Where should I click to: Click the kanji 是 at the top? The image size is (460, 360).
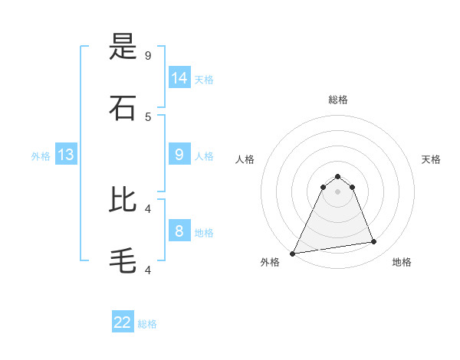(123, 47)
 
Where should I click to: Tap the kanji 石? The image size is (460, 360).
(123, 108)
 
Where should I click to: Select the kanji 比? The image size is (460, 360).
(123, 200)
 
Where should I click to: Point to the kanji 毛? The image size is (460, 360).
(123, 260)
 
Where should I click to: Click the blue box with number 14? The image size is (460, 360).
(179, 77)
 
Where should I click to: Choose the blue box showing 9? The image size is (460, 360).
(179, 154)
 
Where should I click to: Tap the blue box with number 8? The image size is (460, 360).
(179, 231)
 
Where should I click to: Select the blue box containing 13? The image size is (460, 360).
(66, 155)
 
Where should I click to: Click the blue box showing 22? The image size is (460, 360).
(123, 322)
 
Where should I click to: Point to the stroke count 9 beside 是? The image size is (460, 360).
(148, 55)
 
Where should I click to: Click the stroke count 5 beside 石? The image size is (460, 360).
(148, 116)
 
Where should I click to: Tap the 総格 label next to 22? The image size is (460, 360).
(147, 324)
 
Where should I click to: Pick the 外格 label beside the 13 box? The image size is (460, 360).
(41, 156)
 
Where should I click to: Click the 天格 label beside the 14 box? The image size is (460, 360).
(204, 80)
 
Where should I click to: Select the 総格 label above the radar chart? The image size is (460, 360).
(338, 100)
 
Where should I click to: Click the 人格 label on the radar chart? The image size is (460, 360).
(245, 159)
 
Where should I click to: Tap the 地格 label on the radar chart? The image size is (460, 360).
(402, 262)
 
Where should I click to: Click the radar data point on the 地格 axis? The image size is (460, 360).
(374, 242)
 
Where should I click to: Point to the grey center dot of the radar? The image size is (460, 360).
(337, 191)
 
